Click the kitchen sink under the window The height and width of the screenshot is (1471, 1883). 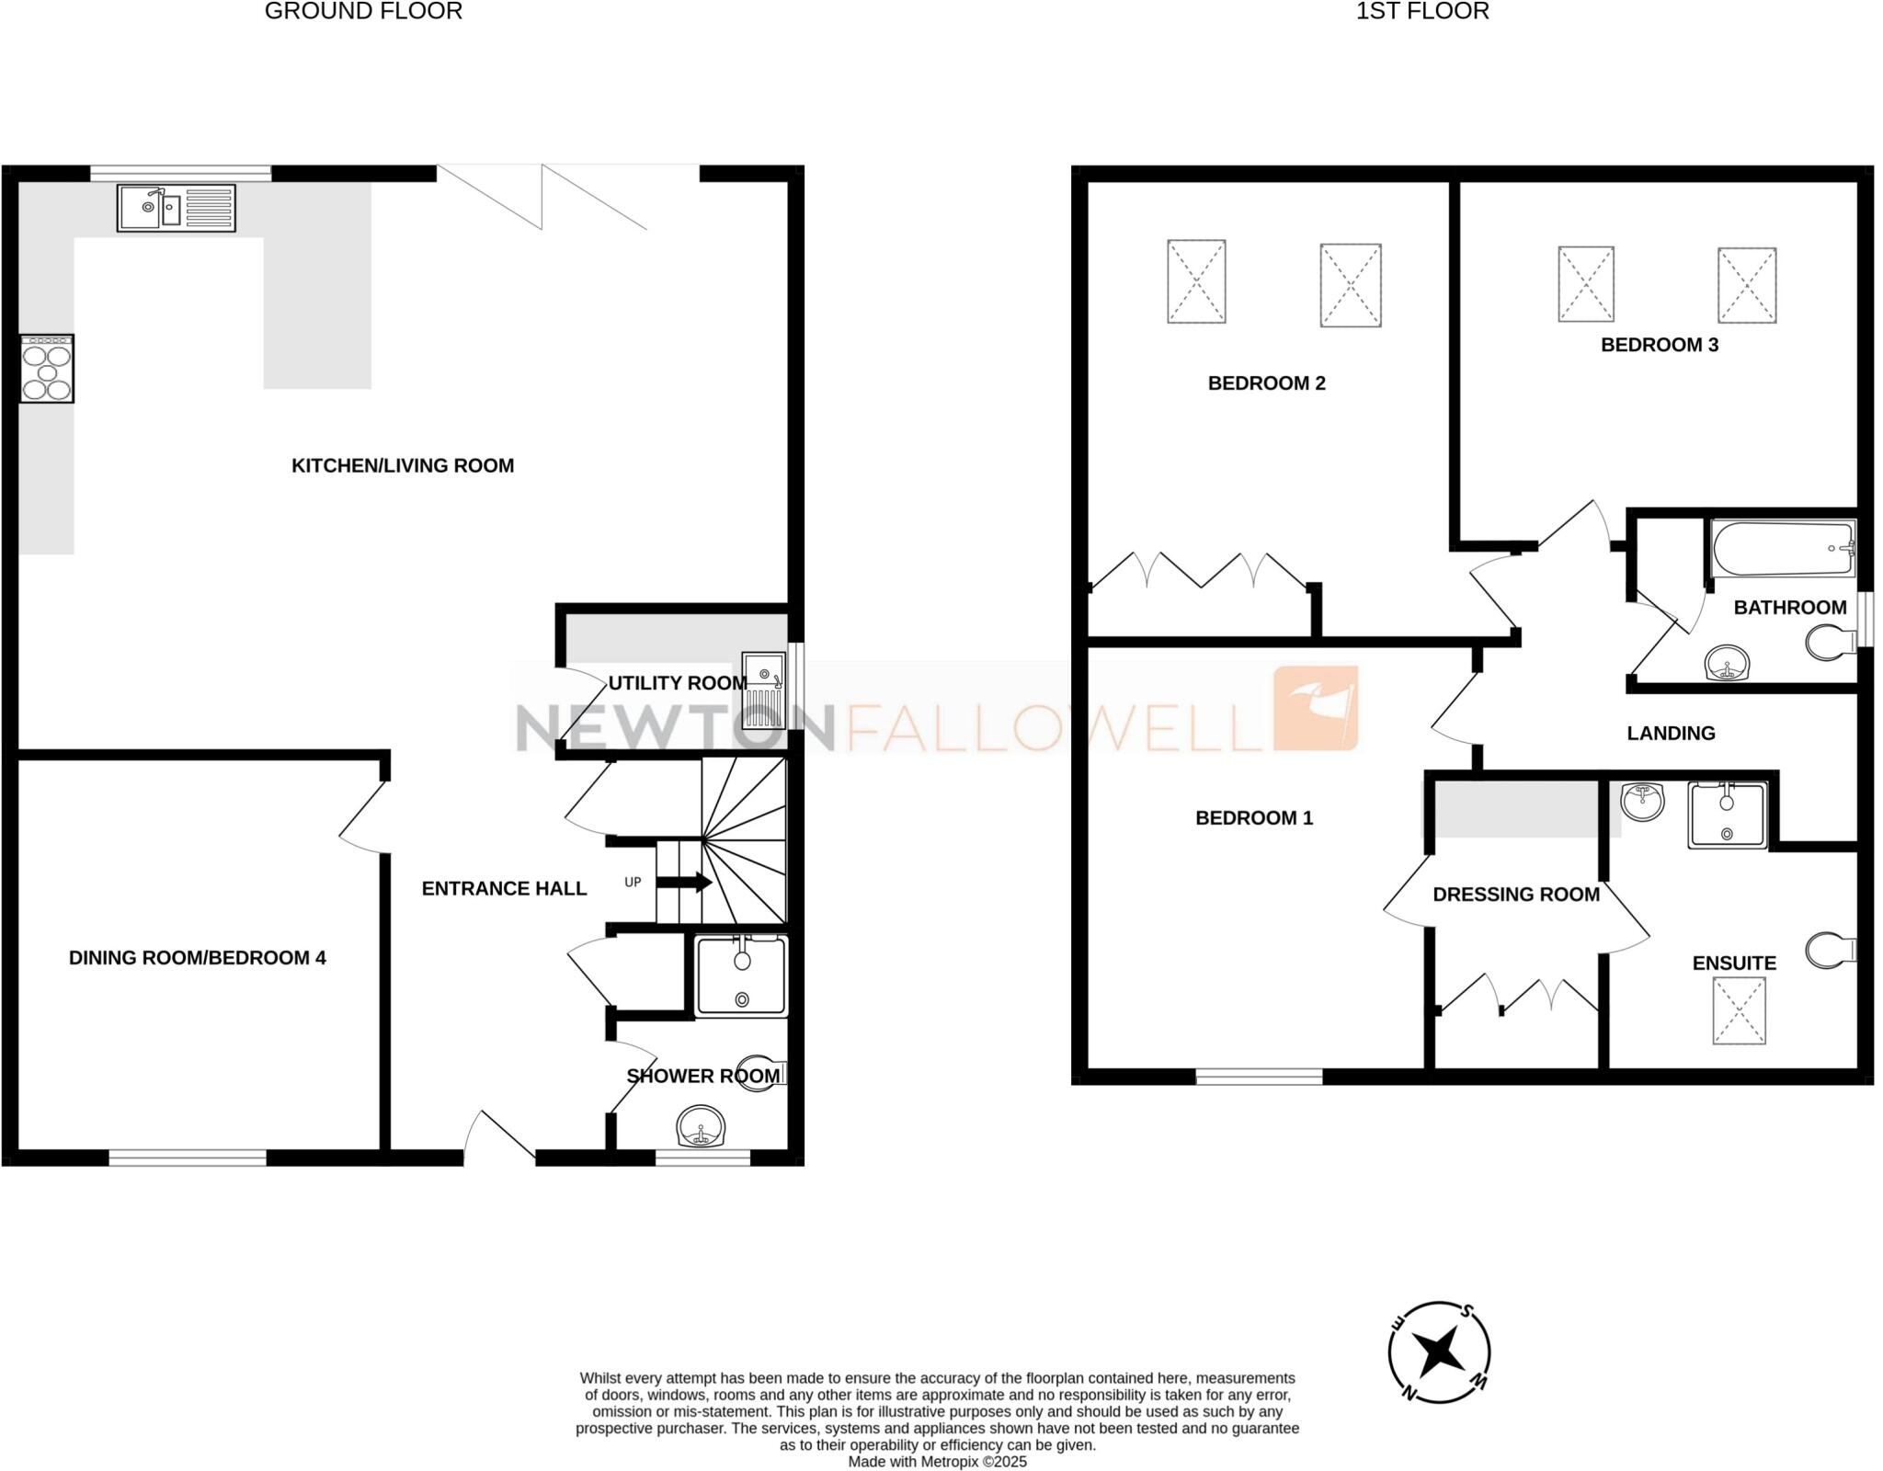click(177, 208)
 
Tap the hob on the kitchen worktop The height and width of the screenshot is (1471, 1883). click(47, 369)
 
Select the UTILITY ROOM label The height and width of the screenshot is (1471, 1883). click(678, 683)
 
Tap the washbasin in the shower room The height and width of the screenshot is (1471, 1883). click(701, 1126)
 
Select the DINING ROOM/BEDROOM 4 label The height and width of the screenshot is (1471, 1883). click(197, 958)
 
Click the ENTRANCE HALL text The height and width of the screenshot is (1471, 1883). click(504, 888)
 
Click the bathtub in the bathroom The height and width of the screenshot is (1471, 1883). click(1782, 549)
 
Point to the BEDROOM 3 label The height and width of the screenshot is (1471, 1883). click(1659, 345)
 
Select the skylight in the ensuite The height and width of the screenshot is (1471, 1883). click(1739, 1010)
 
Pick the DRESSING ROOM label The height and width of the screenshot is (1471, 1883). click(1515, 895)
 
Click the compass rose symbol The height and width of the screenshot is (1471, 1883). click(1438, 1351)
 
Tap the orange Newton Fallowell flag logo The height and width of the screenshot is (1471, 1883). click(1315, 708)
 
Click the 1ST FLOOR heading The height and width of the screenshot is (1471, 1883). click(1421, 11)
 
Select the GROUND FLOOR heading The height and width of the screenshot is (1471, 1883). click(363, 11)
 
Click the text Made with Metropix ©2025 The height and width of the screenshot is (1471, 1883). click(937, 1462)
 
